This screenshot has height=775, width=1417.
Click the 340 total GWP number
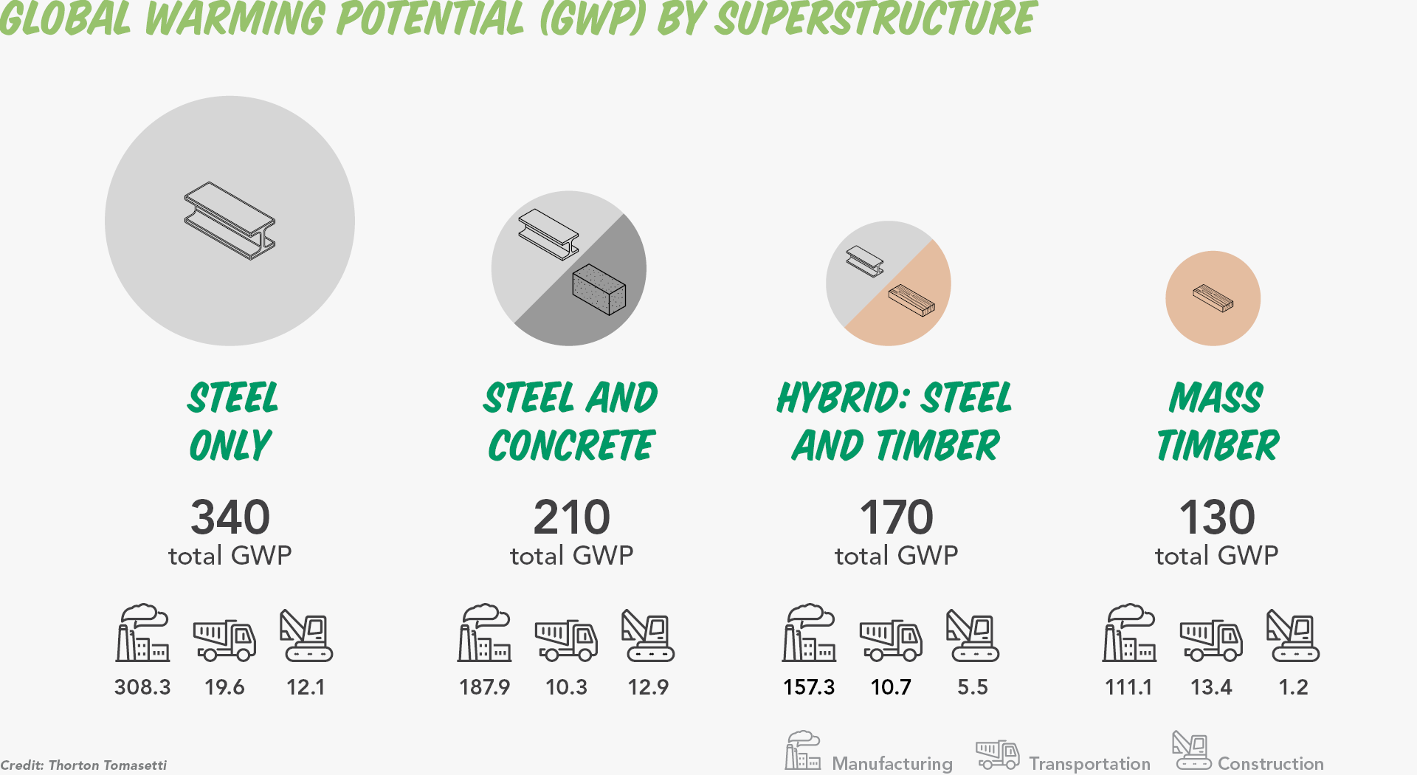(230, 517)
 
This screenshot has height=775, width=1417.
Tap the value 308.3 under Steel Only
(142, 687)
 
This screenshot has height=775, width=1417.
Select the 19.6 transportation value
(224, 687)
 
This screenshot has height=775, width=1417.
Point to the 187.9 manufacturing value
(484, 687)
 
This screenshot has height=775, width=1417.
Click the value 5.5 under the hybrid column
(973, 687)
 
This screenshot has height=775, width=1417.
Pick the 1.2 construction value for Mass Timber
(1293, 687)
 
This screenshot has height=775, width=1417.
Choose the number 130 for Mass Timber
(1217, 517)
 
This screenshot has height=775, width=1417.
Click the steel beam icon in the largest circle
(230, 221)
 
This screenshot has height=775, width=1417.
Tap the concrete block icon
(599, 289)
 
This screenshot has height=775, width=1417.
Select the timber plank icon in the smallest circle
(1213, 298)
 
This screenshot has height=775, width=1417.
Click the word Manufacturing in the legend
(892, 763)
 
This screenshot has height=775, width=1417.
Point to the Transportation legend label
(1089, 763)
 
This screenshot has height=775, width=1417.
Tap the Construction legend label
(1270, 763)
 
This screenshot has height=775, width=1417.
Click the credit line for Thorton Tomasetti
(83, 765)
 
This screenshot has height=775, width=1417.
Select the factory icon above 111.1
(1129, 633)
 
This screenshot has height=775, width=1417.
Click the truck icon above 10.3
(566, 640)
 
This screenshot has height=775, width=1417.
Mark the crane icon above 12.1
(306, 635)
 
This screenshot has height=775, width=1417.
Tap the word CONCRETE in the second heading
(571, 445)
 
